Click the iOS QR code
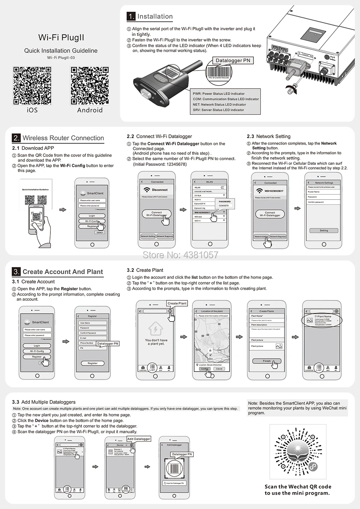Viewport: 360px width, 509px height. [32, 86]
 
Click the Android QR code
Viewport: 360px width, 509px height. [90, 86]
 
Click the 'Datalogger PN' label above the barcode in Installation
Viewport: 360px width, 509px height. [233, 60]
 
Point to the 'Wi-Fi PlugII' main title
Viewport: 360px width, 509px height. [61, 37]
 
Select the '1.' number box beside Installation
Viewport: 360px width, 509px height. [131, 16]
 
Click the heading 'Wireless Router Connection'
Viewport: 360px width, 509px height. [63, 138]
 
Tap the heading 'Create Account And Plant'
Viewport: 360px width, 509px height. [63, 272]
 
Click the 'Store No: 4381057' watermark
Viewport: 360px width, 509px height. [180, 255]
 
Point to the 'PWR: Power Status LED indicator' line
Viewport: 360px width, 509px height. [219, 94]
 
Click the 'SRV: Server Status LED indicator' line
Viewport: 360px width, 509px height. [218, 110]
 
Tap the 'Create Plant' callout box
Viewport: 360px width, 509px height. [177, 303]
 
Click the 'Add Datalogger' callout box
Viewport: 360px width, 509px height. [139, 439]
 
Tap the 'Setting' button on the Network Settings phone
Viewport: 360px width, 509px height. [324, 231]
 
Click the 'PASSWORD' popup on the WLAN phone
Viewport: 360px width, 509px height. [224, 203]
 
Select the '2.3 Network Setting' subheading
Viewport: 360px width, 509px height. [269, 136]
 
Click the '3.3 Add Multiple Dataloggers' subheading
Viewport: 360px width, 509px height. [44, 402]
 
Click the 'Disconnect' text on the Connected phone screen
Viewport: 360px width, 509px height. [159, 190]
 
